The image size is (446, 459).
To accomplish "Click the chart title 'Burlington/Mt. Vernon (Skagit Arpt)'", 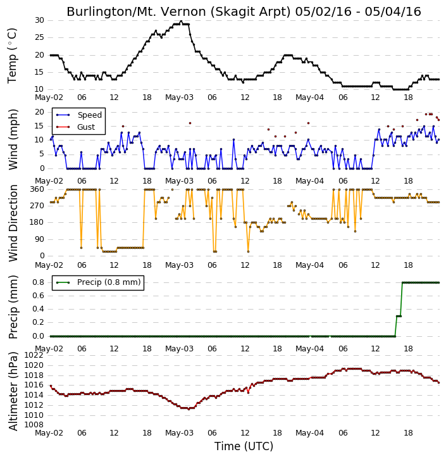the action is [x=178, y=12].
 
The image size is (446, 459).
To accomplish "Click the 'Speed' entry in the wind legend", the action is [x=89, y=115].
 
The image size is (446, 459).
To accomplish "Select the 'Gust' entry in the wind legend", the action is [x=86, y=127].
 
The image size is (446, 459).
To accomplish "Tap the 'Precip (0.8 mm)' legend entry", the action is [x=109, y=282].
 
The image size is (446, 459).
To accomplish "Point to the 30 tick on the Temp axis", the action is [x=39, y=20].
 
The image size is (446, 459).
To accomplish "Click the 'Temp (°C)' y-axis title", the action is [x=12, y=56].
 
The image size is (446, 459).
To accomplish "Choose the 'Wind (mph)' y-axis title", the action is [x=13, y=139].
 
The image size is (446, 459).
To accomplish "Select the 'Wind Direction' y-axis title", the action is [x=13, y=223].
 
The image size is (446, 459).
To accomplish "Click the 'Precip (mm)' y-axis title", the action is [x=13, y=307].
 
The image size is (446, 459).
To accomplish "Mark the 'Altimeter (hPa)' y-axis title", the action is [x=13, y=391].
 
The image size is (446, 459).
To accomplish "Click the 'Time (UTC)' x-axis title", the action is [x=244, y=446].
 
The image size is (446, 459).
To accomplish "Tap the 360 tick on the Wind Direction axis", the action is [x=37, y=189].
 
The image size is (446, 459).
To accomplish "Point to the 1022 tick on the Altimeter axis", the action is [x=34, y=355].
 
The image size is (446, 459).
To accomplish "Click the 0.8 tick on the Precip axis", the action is [x=39, y=282].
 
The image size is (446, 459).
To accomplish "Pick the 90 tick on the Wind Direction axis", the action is [x=39, y=239].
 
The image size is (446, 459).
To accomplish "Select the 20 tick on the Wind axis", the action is [x=39, y=112].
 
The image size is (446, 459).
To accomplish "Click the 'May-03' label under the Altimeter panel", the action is [x=179, y=433].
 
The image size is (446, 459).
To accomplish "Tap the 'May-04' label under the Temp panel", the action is [x=310, y=97].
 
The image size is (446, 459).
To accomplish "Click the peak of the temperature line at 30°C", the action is [x=181, y=21].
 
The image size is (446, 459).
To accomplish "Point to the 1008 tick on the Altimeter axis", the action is [x=34, y=425].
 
